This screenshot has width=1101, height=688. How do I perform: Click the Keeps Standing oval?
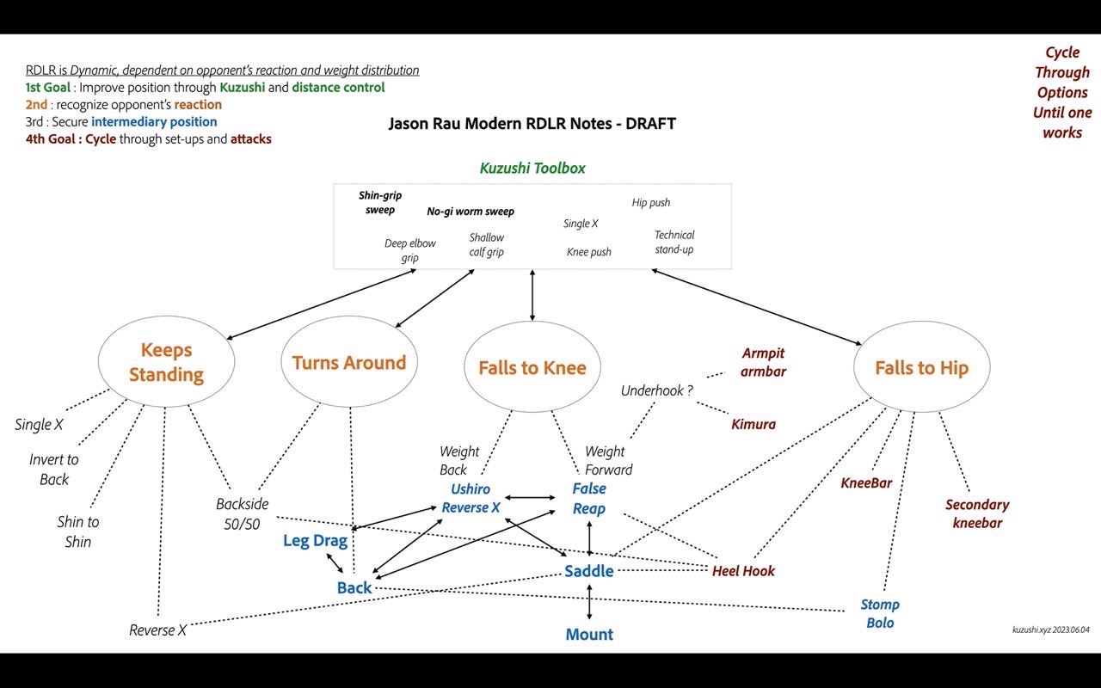pyautogui.click(x=166, y=362)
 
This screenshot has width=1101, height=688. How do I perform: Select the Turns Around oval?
pyautogui.click(x=348, y=362)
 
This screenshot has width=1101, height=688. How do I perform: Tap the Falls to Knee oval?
pyautogui.click(x=532, y=368)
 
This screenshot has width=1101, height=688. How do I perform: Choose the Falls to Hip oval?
pyautogui.click(x=921, y=368)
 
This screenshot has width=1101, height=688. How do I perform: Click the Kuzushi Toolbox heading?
pyautogui.click(x=532, y=169)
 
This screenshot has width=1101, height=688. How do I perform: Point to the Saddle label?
pyautogui.click(x=589, y=571)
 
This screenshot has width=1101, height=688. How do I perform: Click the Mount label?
pyautogui.click(x=589, y=635)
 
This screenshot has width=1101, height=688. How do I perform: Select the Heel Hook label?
pyautogui.click(x=743, y=571)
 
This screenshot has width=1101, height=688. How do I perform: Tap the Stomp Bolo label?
pyautogui.click(x=880, y=613)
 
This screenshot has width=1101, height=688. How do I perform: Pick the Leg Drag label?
pyautogui.click(x=315, y=541)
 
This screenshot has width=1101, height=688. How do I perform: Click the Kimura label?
pyautogui.click(x=753, y=424)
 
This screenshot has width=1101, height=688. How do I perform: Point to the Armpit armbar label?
pyautogui.click(x=763, y=362)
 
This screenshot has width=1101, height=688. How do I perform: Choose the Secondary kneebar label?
pyautogui.click(x=977, y=513)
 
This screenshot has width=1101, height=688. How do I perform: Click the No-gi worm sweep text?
pyautogui.click(x=471, y=212)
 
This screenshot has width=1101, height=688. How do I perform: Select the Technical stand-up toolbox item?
pyautogui.click(x=674, y=242)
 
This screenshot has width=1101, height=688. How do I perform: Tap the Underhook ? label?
pyautogui.click(x=657, y=390)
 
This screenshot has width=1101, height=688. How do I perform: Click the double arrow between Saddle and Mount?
pyautogui.click(x=589, y=603)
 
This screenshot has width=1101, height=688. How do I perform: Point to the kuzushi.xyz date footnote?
pyautogui.click(x=1050, y=630)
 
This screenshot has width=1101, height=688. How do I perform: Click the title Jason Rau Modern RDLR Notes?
pyautogui.click(x=532, y=123)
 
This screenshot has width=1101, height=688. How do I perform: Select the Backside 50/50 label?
pyautogui.click(x=242, y=513)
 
